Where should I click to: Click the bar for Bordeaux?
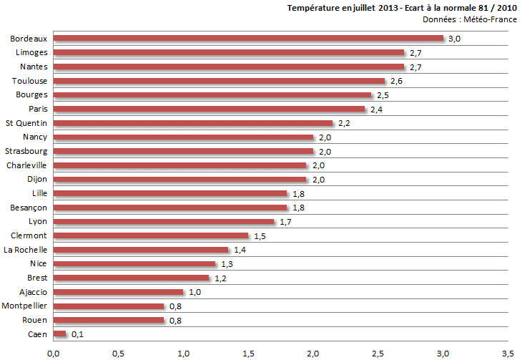tap(248, 39)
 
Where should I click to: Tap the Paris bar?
tap(209, 109)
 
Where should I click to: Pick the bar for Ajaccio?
tap(118, 292)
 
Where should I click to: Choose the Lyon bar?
tap(164, 221)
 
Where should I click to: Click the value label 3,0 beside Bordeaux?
tap(454, 39)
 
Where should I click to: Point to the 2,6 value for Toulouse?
tap(396, 81)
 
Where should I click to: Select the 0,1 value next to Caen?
tap(77, 334)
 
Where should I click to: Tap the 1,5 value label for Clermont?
tap(259, 235)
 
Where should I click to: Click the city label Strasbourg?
tap(26, 151)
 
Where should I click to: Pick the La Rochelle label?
tap(26, 250)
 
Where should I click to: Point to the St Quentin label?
tap(26, 123)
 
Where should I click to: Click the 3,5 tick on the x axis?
tap(508, 353)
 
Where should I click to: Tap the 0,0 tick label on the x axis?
tap(53, 353)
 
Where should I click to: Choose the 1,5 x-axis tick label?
tap(248, 353)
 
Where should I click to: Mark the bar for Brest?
tap(131, 278)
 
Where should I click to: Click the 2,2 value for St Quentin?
tap(343, 123)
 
